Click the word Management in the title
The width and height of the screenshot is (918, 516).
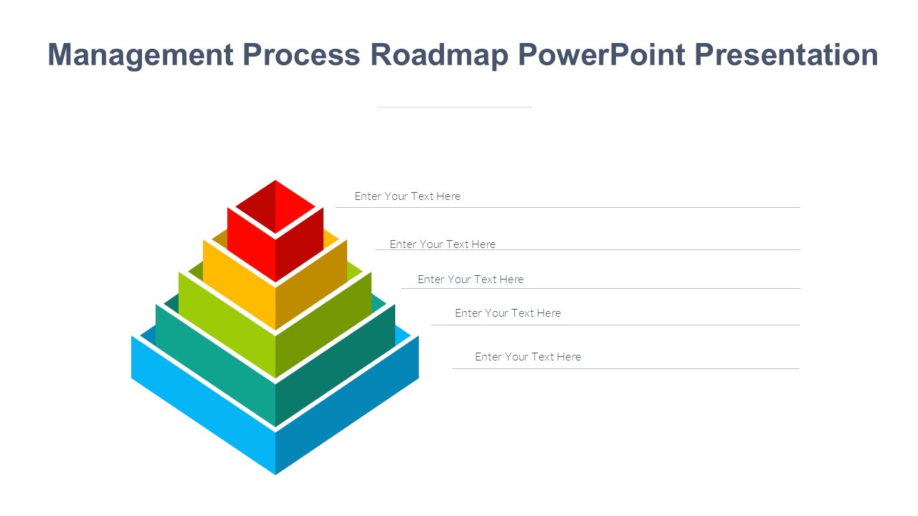point(141,55)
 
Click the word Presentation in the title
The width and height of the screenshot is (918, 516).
point(787,55)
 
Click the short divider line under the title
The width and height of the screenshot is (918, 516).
point(455,107)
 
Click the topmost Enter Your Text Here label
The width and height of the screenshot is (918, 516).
point(407,196)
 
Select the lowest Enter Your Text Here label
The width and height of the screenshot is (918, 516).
point(528,357)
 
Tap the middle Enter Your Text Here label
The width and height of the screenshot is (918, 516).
point(470,279)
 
